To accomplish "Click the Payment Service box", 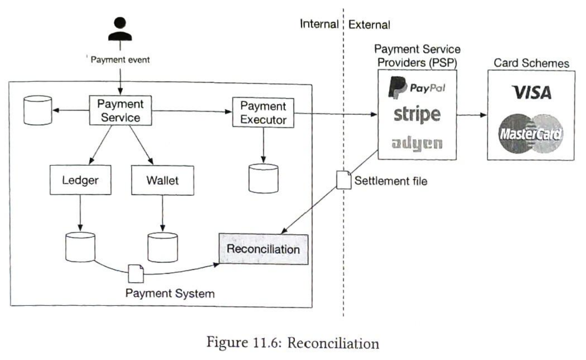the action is tap(120, 111).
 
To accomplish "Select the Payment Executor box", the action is tap(263, 113).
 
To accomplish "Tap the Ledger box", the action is tap(80, 180).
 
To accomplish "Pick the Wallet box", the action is tap(163, 180).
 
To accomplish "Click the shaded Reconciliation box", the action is tap(263, 249).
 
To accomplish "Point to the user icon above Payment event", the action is tap(120, 29).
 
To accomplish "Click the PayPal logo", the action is tap(417, 87).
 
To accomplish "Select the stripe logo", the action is tap(417, 115).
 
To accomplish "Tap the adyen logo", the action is tap(417, 144).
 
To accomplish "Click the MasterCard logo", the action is tap(531, 133).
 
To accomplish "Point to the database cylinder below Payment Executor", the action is tap(263, 178).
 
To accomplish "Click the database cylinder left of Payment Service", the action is tap(38, 110).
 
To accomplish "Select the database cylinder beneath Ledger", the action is tap(80, 247).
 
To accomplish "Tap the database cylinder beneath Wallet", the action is tap(163, 247).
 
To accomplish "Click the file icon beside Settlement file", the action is tap(344, 180).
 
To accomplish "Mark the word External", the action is tap(369, 25).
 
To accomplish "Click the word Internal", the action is tap(319, 24).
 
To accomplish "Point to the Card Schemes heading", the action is tap(531, 63).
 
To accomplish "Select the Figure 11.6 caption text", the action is tap(293, 343).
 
